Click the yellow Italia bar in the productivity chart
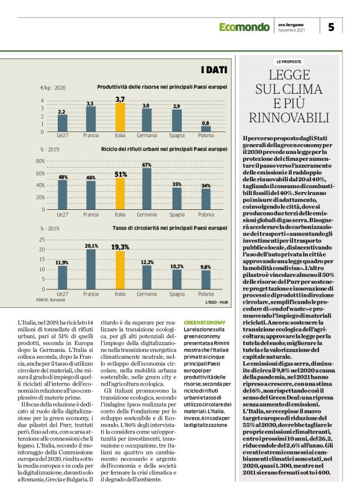coord(120,117)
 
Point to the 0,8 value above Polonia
coord(205,123)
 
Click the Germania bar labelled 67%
coord(147,189)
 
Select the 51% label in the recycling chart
coord(120,174)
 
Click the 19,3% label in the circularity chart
coord(120,246)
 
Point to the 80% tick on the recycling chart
coord(42,161)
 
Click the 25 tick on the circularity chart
coord(42,240)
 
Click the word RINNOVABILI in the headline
coord(289,117)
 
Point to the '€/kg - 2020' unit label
coord(53,88)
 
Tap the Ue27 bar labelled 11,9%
coord(61,277)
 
